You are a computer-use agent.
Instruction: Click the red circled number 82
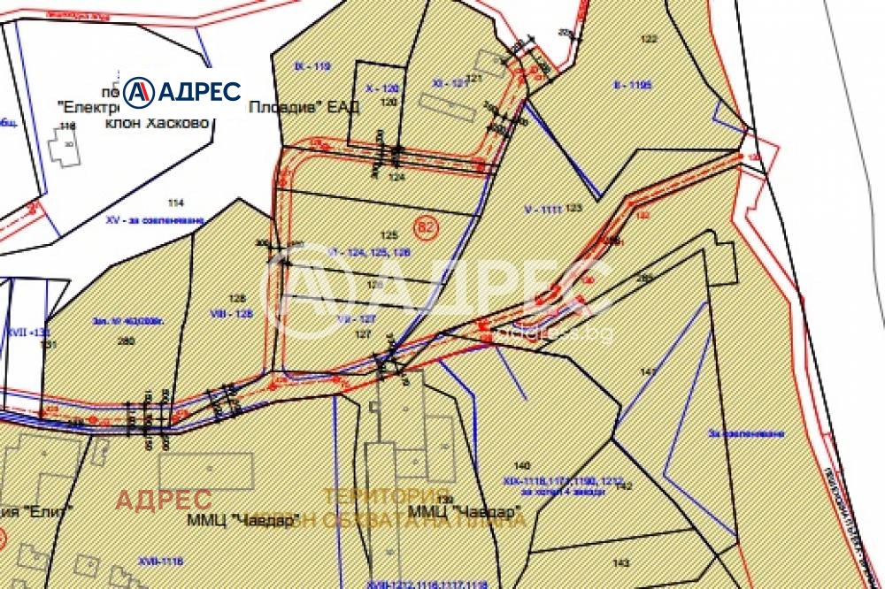coord(427,228)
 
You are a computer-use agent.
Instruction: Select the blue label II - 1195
coord(632,86)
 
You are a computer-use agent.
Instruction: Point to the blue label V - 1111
coord(543,210)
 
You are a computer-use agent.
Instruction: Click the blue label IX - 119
coord(311,66)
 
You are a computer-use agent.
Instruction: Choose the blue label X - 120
coord(382,88)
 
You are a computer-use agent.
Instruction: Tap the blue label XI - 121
coord(450,83)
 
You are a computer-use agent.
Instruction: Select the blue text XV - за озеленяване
coord(154,218)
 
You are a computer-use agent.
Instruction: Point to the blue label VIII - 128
coord(234,312)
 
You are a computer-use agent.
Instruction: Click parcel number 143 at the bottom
coord(620,562)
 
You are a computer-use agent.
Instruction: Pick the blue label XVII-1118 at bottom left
coord(159,561)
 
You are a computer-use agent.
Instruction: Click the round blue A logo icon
coord(139,92)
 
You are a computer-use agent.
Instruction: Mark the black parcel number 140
coord(521,465)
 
